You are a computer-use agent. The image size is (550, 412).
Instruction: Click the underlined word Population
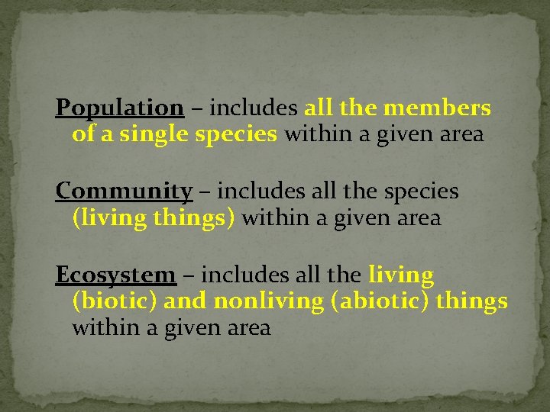[x=119, y=108]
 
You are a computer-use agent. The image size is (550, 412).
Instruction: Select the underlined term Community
[x=124, y=191]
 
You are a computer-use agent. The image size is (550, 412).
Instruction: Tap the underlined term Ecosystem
[x=115, y=274]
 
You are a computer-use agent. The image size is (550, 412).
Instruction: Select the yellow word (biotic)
[x=115, y=301]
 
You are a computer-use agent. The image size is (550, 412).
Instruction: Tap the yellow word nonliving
[x=269, y=301]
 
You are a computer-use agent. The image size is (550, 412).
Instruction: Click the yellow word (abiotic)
[x=380, y=301]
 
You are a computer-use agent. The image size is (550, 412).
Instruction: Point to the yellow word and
[x=186, y=301]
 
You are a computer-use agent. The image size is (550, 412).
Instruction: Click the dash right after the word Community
[x=202, y=191]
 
